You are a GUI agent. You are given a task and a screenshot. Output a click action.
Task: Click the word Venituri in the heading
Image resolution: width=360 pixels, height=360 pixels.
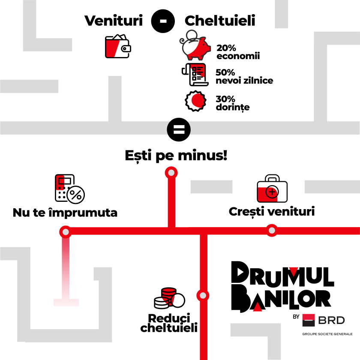(x=113, y=21)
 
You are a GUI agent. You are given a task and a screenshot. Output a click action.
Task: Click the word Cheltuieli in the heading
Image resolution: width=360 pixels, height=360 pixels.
(x=219, y=21)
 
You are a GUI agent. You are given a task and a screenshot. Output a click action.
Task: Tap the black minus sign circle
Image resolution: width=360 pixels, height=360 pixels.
(x=163, y=21)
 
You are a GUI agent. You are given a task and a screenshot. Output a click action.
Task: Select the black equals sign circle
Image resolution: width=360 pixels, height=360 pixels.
(x=178, y=129)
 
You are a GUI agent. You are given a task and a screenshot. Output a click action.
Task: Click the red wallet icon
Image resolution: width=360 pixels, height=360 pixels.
(x=117, y=47)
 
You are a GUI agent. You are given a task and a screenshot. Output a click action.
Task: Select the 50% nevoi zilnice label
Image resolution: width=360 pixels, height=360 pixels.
(x=244, y=76)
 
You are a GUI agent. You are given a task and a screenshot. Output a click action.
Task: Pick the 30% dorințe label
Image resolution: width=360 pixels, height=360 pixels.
(x=233, y=103)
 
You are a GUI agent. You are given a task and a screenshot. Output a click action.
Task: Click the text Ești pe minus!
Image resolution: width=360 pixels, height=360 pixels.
(x=176, y=155)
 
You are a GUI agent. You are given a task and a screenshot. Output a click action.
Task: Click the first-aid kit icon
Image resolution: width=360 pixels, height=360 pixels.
(x=272, y=189)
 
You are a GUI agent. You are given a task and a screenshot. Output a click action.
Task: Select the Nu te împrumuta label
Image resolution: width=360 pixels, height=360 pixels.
(x=65, y=213)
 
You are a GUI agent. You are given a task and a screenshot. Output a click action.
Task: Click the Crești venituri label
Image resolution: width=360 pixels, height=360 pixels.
(x=272, y=211)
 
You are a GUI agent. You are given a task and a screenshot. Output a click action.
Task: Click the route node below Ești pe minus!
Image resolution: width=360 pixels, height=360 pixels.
(x=171, y=172)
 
